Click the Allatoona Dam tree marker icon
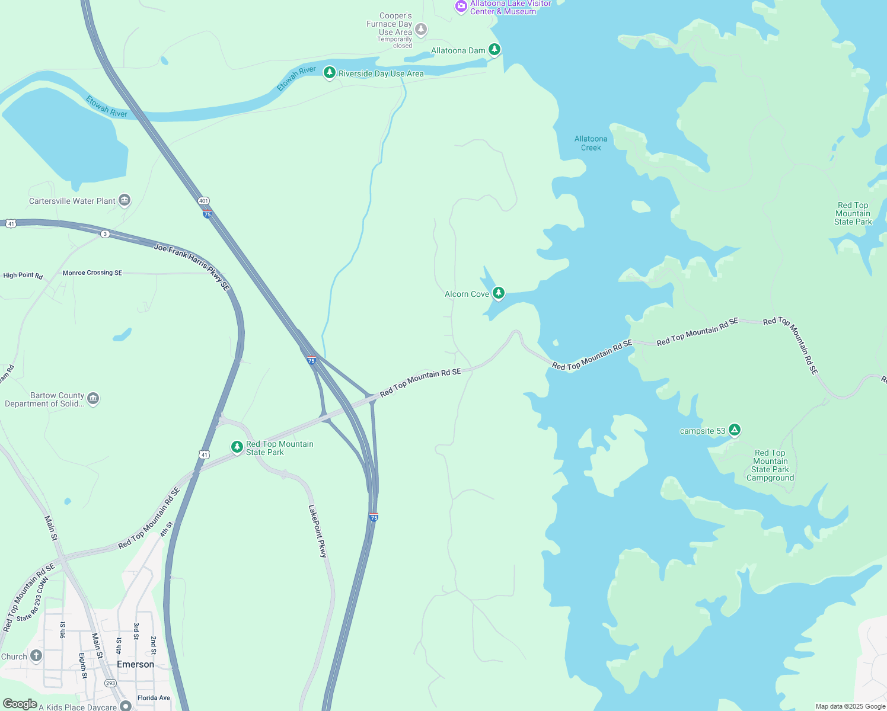click(x=494, y=50)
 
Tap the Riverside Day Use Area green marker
click(x=330, y=73)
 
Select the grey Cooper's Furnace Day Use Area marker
click(x=421, y=29)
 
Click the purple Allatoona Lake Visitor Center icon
click(x=461, y=7)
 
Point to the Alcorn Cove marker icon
click(x=499, y=293)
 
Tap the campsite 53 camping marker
click(x=735, y=430)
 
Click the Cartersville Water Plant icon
click(x=124, y=200)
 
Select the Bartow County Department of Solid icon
click(x=93, y=399)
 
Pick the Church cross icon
click(x=36, y=655)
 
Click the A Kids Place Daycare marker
click(x=125, y=705)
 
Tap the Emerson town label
click(x=135, y=664)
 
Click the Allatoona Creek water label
click(x=591, y=143)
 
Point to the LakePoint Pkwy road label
click(x=318, y=531)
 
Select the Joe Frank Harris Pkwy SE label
click(x=192, y=267)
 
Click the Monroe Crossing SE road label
click(x=92, y=273)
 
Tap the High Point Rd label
click(x=23, y=275)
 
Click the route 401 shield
click(x=203, y=201)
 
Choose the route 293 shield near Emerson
click(x=110, y=683)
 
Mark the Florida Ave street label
click(x=154, y=697)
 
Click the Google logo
click(x=20, y=703)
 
